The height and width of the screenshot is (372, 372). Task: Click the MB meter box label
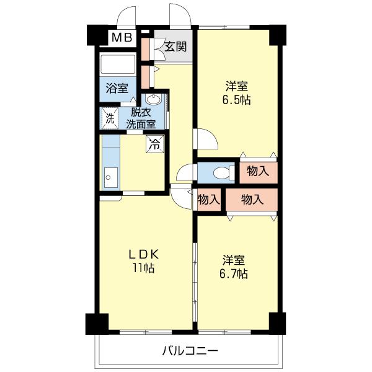click(122, 38)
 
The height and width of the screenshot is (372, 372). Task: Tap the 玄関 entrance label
click(175, 46)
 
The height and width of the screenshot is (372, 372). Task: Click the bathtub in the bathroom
click(118, 64)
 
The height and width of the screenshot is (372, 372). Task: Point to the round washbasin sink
click(153, 99)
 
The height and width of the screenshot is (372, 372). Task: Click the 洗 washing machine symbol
click(109, 118)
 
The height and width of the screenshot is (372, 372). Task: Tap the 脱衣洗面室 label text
click(141, 118)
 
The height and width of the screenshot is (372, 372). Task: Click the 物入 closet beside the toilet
click(257, 172)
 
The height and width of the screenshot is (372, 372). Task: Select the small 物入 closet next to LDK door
click(208, 200)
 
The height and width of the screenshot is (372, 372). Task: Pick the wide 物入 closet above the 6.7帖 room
click(252, 200)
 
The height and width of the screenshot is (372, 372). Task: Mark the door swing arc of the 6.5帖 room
click(205, 138)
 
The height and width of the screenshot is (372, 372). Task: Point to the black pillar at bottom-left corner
click(95, 324)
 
